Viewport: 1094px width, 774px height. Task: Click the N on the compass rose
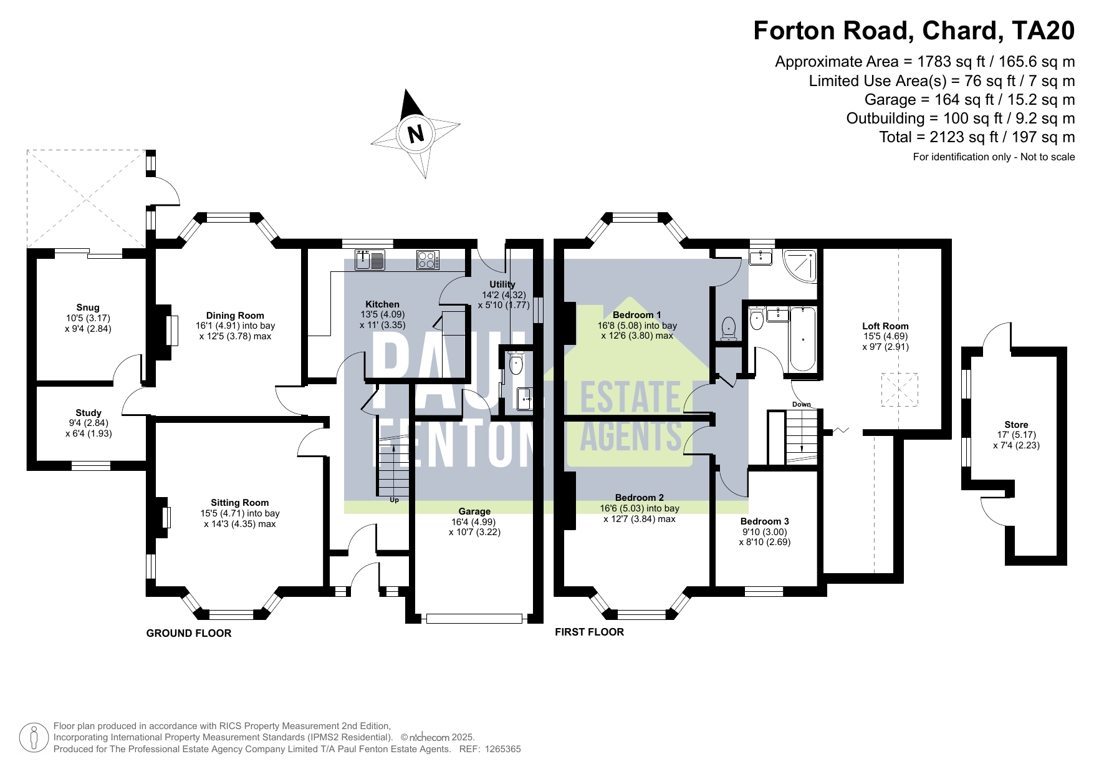(416, 133)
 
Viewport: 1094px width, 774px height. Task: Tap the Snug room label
(88, 307)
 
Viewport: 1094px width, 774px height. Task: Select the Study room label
(89, 413)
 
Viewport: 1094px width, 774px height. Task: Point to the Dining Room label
(235, 316)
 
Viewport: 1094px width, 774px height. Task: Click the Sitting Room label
(240, 503)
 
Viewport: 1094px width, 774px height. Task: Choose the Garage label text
(474, 511)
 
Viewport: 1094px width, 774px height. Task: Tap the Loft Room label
(885, 326)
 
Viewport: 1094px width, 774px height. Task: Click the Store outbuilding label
(1016, 425)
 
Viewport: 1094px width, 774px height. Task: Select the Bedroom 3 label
(765, 521)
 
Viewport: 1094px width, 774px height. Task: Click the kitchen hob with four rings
(428, 259)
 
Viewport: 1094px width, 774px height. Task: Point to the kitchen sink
(370, 259)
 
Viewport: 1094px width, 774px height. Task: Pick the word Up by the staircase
(394, 500)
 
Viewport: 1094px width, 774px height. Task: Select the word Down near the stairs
(802, 405)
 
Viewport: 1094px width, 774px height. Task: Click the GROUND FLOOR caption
(189, 634)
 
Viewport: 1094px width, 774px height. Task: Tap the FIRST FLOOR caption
(590, 632)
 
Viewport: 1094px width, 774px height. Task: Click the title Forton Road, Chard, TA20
(914, 31)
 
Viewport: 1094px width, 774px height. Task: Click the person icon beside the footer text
(34, 738)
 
